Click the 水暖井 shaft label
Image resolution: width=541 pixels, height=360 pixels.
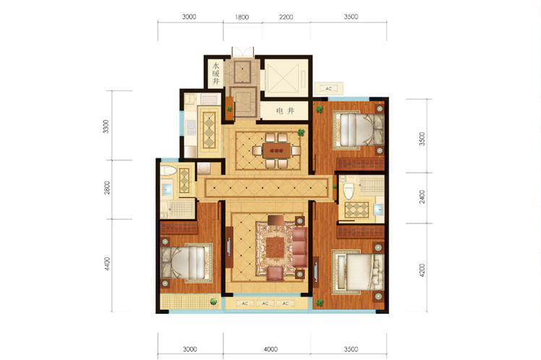216,74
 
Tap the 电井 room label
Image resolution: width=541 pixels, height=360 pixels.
285,111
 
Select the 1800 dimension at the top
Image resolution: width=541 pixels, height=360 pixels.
242,17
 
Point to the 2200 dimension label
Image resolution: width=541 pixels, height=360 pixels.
286,17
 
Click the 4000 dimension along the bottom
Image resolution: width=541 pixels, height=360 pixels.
270,349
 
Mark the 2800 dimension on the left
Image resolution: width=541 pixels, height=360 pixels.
107,188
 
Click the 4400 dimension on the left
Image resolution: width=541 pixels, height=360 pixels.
107,264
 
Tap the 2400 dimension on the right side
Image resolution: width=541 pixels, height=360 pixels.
422,197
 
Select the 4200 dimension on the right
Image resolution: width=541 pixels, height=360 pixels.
422,270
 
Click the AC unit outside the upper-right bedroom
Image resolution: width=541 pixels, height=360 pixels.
328,89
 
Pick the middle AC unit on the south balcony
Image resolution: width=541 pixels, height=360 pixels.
265,304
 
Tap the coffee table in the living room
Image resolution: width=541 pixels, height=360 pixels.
275,247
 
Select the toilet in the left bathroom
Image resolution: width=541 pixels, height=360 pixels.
169,171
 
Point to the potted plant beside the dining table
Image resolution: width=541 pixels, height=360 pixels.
301,132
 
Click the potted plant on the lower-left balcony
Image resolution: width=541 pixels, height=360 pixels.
213,301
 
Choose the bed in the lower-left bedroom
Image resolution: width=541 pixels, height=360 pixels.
187,262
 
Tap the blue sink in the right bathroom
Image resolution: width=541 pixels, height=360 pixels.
379,209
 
